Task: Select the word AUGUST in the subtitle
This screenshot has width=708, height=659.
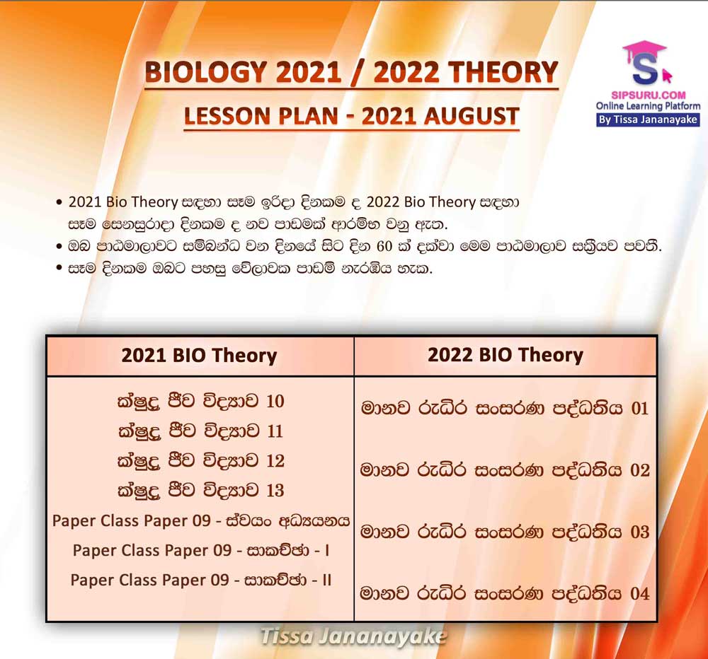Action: tap(472, 116)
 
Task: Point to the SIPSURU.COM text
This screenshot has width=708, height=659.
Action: tap(649, 95)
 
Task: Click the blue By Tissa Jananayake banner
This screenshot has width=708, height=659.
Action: tap(648, 119)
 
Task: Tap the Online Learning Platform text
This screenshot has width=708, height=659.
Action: tap(648, 107)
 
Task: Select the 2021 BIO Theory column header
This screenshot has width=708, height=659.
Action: tap(199, 356)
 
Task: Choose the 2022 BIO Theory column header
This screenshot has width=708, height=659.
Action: tap(506, 355)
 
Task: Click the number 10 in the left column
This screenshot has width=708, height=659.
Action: tap(275, 401)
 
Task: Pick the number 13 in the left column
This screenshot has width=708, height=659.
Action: tap(275, 490)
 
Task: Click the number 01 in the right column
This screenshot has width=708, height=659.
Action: tap(640, 408)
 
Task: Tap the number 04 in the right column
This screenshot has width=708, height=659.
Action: tap(640, 594)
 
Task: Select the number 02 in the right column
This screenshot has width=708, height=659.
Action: tap(640, 470)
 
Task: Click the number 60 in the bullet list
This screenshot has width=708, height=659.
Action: tap(384, 247)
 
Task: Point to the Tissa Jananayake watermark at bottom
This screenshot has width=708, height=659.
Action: tap(353, 636)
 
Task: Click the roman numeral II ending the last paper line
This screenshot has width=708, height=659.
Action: tap(327, 580)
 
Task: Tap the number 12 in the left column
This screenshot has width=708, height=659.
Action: tap(275, 460)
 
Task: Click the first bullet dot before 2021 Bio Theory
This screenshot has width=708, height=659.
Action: tap(59, 202)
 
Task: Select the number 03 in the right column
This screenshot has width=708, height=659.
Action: tap(640, 532)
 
